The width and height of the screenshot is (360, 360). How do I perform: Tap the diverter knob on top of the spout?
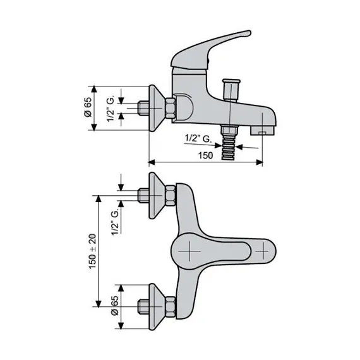click(x=231, y=90)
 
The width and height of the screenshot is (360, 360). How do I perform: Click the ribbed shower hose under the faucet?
click(x=229, y=148)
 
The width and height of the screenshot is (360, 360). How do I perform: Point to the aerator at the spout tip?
click(x=262, y=131)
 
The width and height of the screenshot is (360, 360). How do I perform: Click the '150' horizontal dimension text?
click(x=205, y=155)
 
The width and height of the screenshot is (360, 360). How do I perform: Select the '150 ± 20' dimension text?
click(x=92, y=251)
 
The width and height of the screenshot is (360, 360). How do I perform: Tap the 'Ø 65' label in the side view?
click(x=88, y=107)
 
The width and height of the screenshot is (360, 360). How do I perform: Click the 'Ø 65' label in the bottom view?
click(x=114, y=306)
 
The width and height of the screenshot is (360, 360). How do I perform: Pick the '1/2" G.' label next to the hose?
click(x=198, y=138)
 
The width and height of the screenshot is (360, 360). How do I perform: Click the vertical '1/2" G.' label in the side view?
click(x=111, y=110)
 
